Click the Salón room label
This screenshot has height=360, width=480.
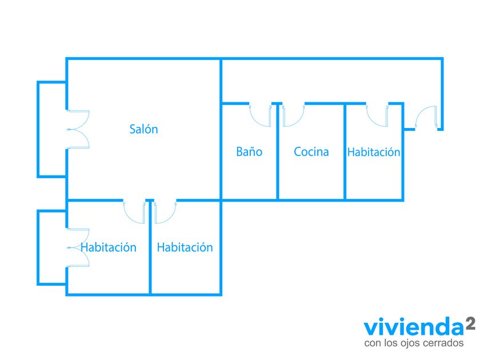click(x=143, y=129)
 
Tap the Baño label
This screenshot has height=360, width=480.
click(x=249, y=151)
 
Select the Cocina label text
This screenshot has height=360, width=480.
click(x=311, y=151)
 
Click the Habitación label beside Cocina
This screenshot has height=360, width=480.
click(x=374, y=152)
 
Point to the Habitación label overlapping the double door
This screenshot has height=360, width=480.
click(x=109, y=247)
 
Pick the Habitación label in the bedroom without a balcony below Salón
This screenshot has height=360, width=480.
click(x=185, y=247)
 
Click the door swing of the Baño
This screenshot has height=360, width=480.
click(x=261, y=116)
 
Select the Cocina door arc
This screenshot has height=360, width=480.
click(x=293, y=116)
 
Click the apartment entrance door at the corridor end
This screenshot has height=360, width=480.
click(x=426, y=117)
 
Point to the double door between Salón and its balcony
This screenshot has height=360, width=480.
click(x=78, y=129)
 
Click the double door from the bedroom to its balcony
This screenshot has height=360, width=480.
click(x=78, y=247)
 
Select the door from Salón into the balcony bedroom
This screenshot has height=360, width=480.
click(x=134, y=213)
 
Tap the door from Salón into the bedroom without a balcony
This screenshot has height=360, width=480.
click(x=165, y=213)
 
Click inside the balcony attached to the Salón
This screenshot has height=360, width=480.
click(x=52, y=129)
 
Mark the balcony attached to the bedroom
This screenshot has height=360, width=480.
click(x=52, y=247)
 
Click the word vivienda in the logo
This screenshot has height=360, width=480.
click(x=414, y=327)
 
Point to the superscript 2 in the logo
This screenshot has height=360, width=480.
click(x=470, y=323)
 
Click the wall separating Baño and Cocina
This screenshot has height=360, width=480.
click(x=278, y=151)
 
